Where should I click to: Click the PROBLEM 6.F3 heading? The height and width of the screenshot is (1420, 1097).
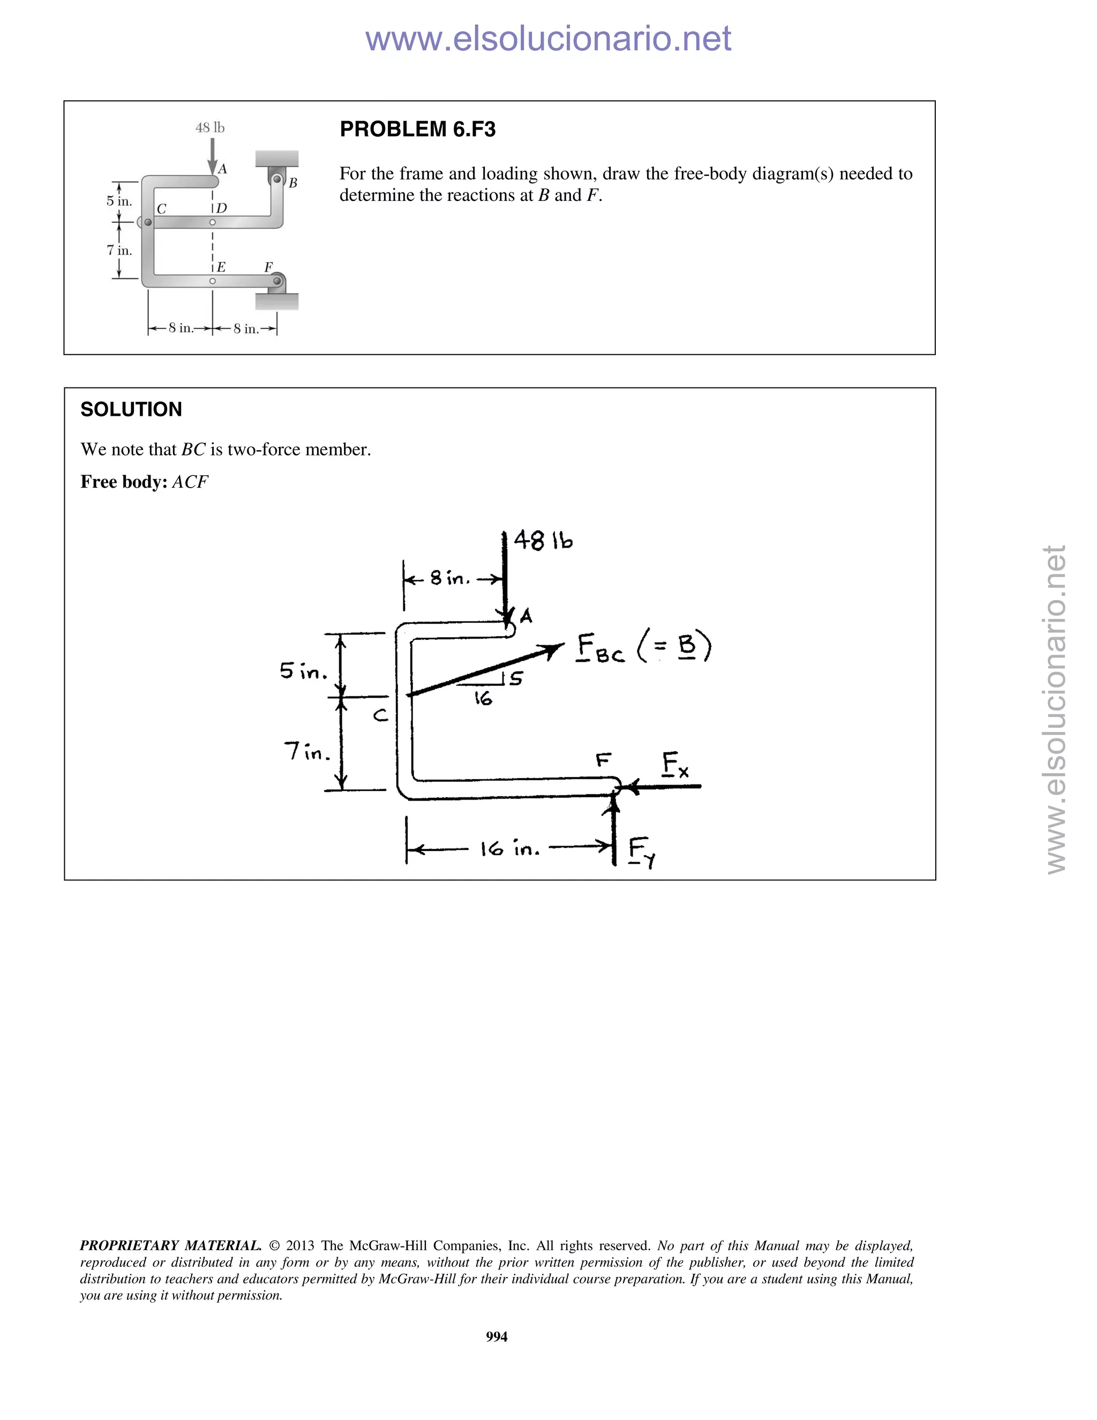coord(417,129)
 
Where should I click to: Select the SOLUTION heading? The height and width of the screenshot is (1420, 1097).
coord(131,409)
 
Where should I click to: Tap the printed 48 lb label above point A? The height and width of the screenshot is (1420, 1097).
coord(210,128)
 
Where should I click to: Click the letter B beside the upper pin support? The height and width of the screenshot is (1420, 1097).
coord(293,183)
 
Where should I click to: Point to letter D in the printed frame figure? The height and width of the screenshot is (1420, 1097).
coord(222,208)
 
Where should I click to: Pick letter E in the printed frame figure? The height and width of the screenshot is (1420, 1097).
coord(221,266)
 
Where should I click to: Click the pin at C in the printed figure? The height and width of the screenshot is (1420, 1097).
coord(148,222)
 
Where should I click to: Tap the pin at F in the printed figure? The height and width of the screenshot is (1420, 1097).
coord(277,281)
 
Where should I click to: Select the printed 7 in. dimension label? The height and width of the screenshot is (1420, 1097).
coord(119,250)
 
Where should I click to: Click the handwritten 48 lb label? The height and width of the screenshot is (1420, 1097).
coord(543,540)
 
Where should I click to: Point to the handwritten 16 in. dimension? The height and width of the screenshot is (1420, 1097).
coord(510,848)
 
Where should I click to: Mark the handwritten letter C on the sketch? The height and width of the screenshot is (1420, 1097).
coord(381,716)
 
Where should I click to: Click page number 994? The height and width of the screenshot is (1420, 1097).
coord(497,1337)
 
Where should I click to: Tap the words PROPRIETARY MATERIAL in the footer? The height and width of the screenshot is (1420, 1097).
coord(170,1246)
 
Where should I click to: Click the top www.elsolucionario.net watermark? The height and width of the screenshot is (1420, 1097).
coord(548,39)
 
